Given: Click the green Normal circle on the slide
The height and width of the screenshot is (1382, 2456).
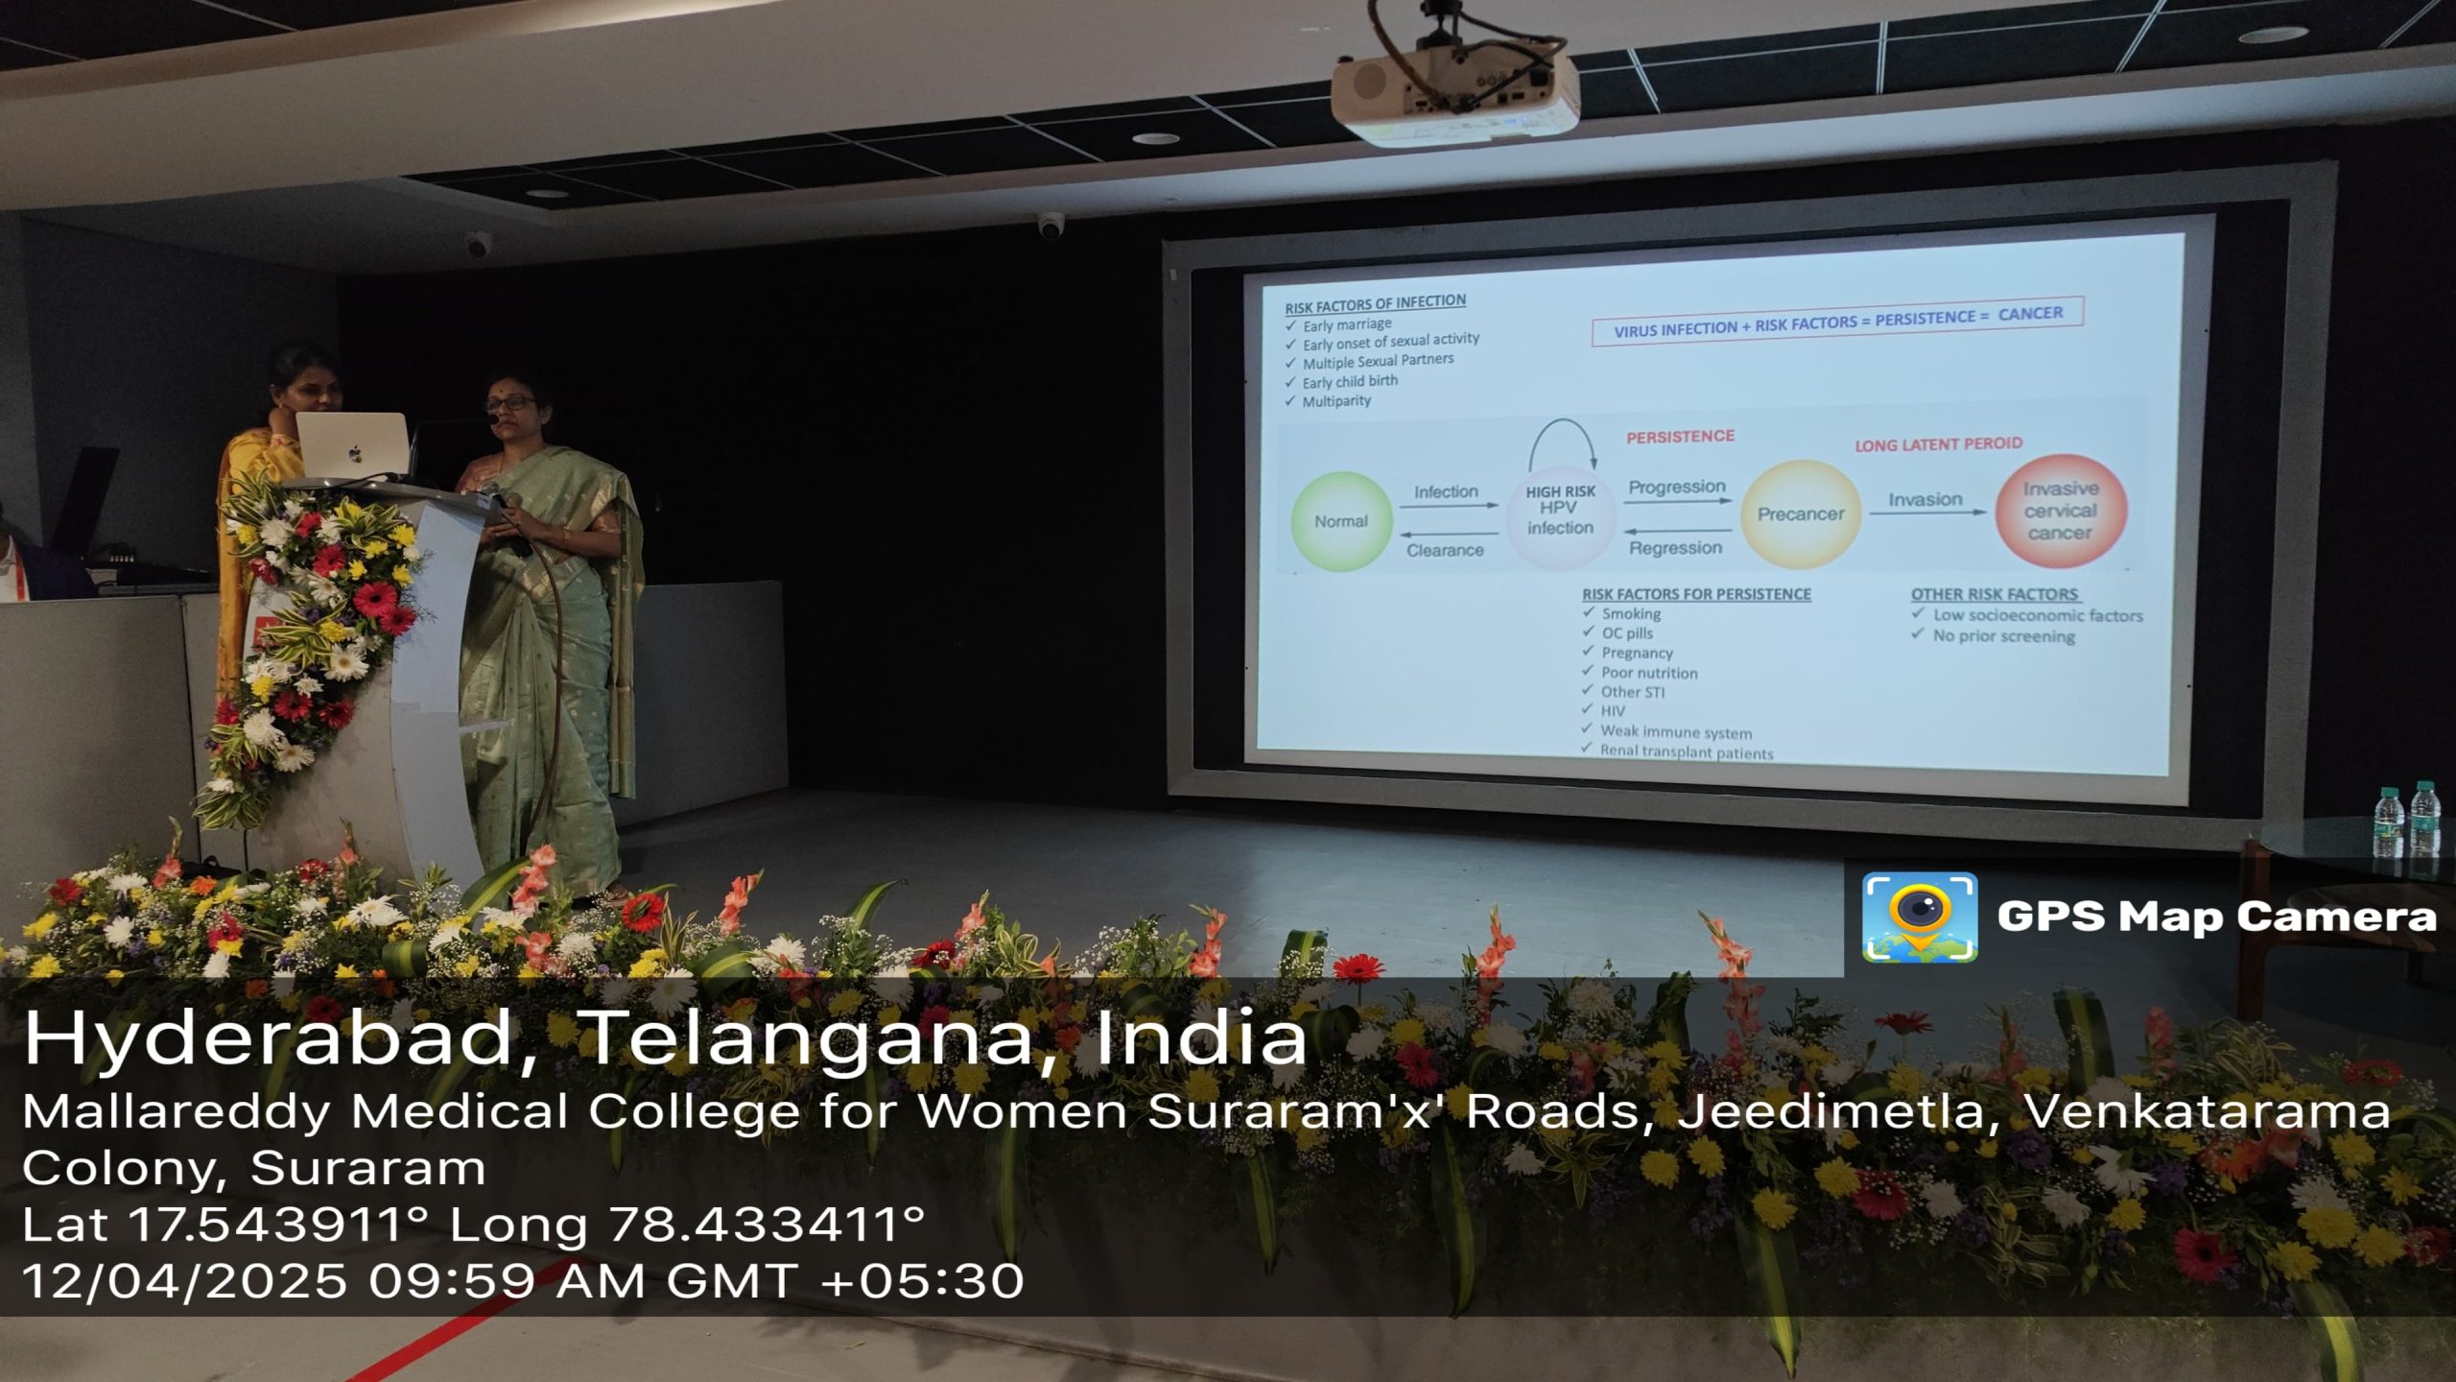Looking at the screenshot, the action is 1340,521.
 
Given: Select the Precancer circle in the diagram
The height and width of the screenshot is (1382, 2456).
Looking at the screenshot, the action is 1800,513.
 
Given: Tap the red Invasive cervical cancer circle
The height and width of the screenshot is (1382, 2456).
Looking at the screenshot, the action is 2061,511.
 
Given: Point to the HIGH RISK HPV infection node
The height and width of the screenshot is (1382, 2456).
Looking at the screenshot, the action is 1560,511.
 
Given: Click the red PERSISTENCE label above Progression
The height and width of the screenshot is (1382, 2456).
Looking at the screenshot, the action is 1680,436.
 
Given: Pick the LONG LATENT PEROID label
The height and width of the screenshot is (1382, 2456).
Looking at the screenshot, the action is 1938,444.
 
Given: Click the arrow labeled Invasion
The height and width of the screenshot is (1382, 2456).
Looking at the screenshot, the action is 1926,512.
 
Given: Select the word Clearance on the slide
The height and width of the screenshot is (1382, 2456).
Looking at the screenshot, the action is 1445,550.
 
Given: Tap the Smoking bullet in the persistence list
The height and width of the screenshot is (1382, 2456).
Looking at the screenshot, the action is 1622,613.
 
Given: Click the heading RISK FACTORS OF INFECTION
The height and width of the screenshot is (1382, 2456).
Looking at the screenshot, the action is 1375,303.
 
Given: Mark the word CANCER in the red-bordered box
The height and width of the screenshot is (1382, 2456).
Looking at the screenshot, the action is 2030,314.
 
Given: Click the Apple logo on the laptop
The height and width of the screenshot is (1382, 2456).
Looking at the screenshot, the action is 355,452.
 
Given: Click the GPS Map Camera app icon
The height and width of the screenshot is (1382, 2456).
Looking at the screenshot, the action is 1919,917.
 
